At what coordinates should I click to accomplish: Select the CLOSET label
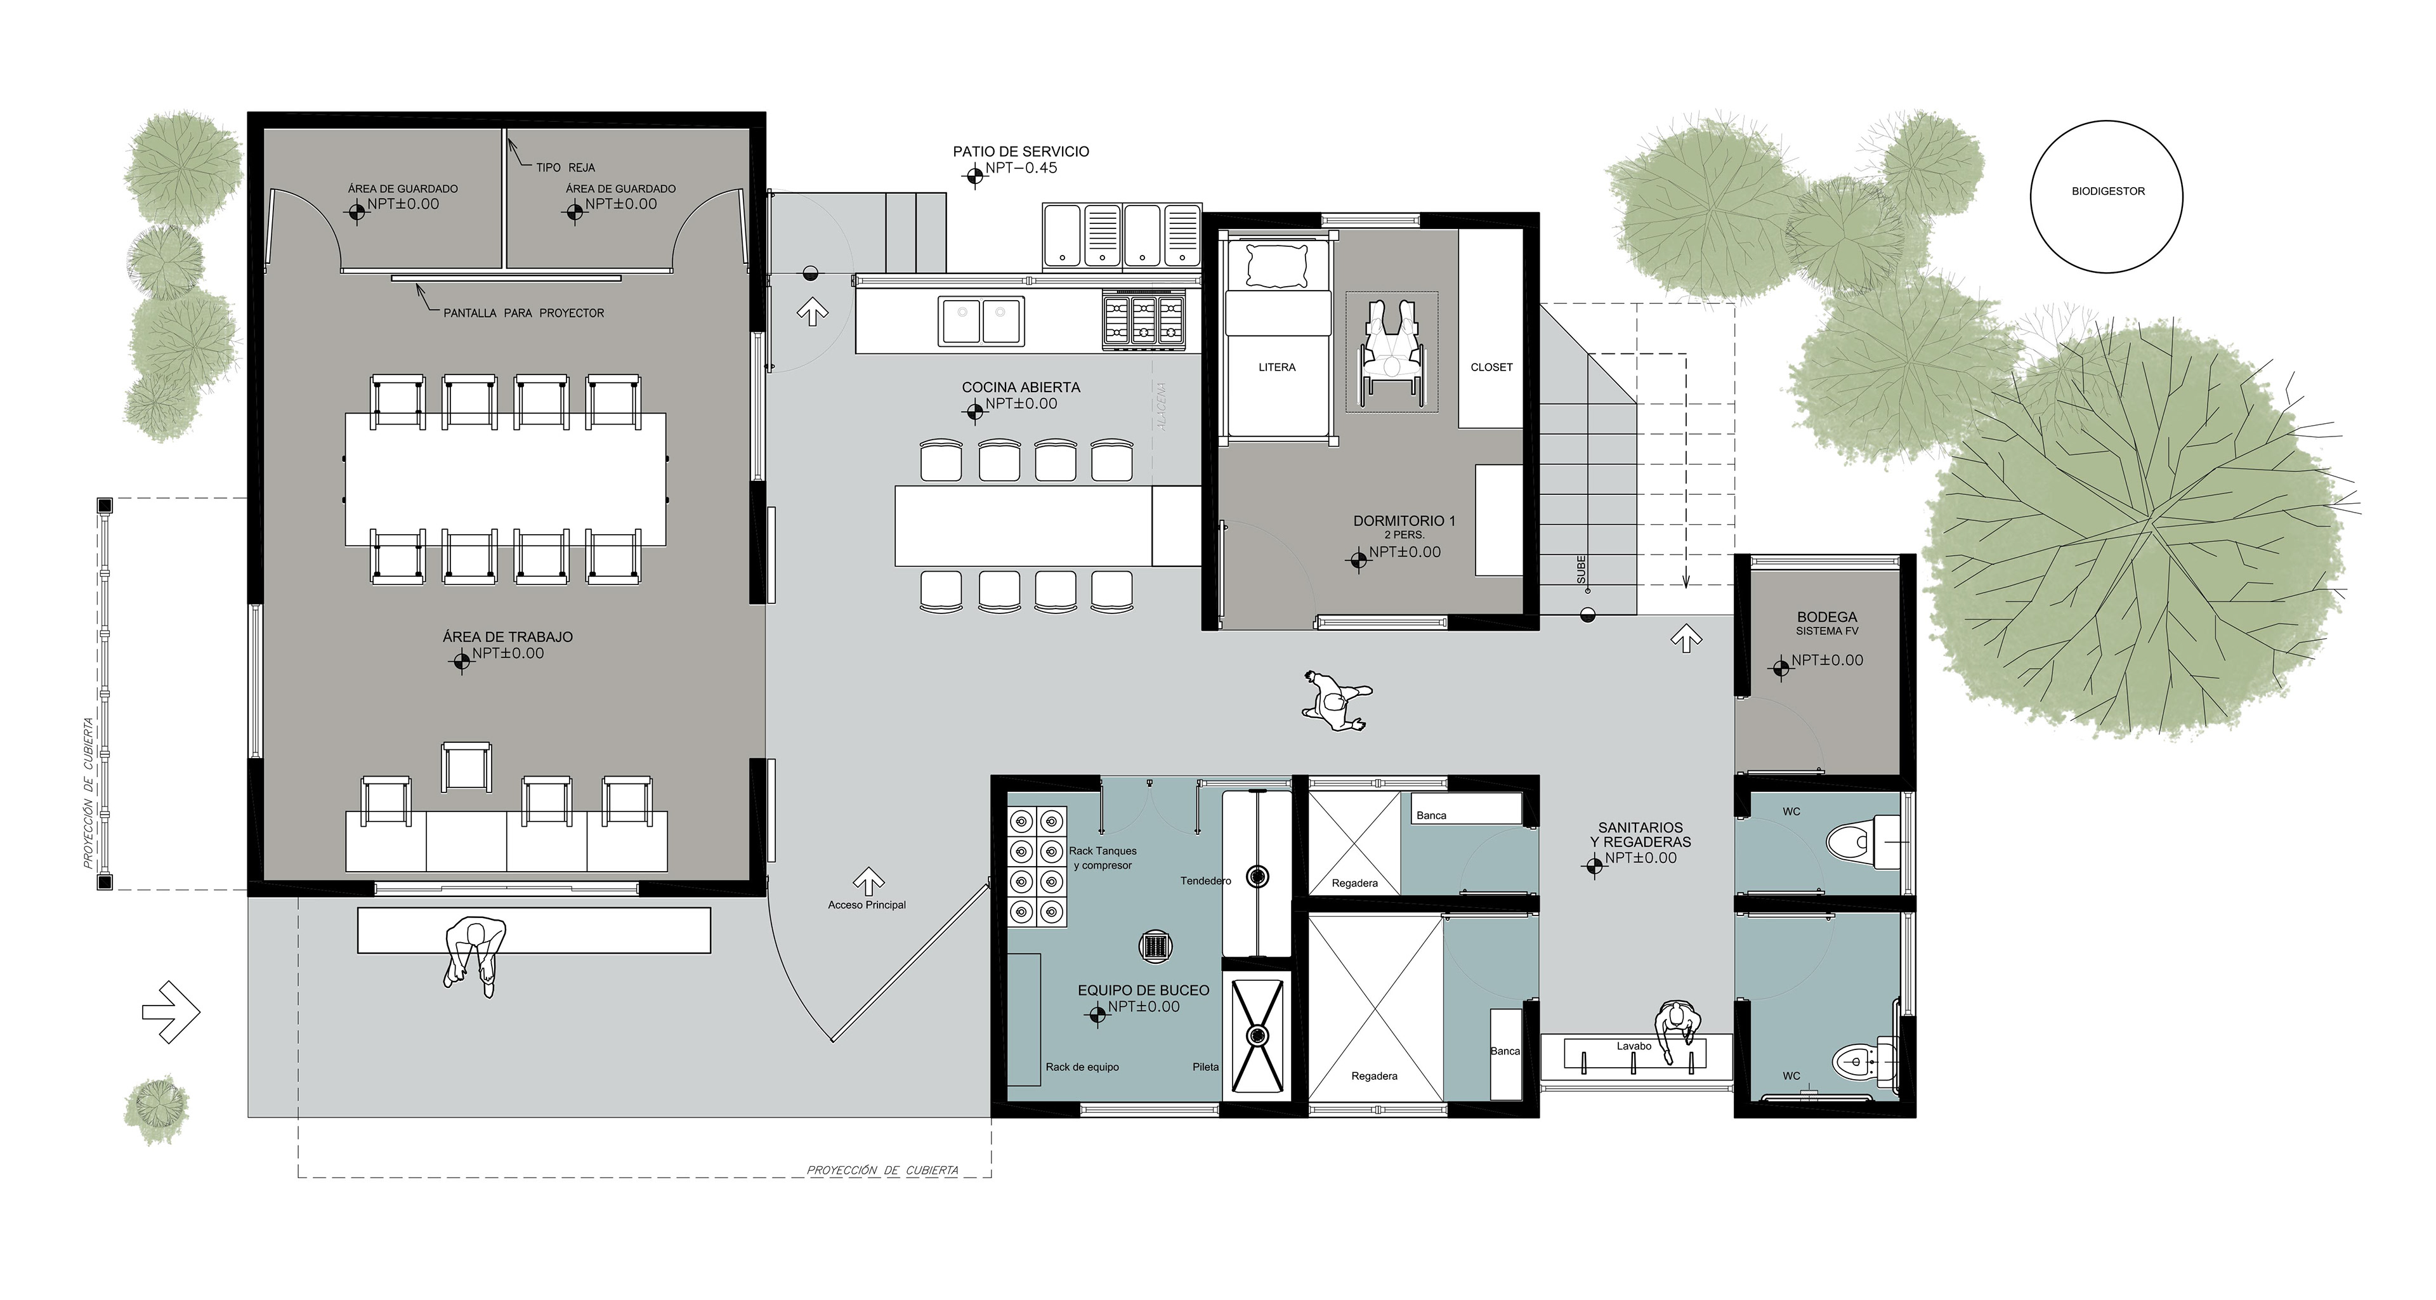(1491, 367)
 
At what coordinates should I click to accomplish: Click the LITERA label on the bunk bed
(1276, 367)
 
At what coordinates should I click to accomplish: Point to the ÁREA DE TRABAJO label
(507, 637)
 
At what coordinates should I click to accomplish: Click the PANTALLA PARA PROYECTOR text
(524, 313)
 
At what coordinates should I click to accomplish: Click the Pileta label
(1206, 1067)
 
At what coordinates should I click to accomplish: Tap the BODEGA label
(1827, 617)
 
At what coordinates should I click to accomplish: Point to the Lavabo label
(1634, 1046)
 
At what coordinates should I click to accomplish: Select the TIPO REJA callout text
(565, 167)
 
